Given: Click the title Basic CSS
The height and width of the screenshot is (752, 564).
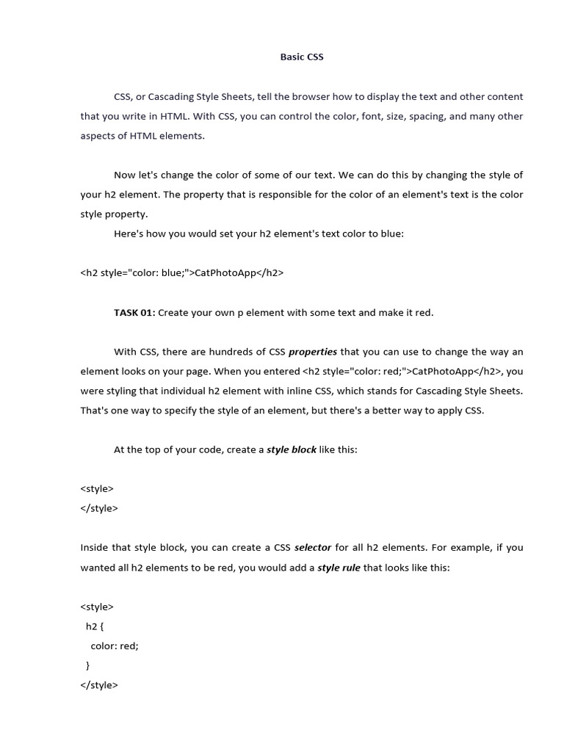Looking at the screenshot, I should [x=302, y=57].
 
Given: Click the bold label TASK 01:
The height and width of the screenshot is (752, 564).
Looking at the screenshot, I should [x=134, y=313].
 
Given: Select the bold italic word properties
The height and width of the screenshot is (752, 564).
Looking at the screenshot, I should [x=313, y=352].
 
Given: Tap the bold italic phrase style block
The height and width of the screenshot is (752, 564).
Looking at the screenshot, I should [x=292, y=450].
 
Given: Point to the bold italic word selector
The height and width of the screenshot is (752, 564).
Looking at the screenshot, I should [x=313, y=548].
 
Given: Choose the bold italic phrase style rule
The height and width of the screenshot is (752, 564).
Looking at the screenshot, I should [x=339, y=568].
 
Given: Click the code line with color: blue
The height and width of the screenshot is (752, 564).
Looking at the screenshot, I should [x=181, y=273].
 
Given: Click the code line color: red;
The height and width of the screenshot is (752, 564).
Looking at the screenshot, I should [x=115, y=646].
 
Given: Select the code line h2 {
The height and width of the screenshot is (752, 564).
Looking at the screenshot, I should [x=95, y=626].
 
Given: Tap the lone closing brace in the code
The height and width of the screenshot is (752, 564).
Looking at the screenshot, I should [x=88, y=665].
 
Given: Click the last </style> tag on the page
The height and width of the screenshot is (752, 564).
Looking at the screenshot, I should [x=98, y=685].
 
